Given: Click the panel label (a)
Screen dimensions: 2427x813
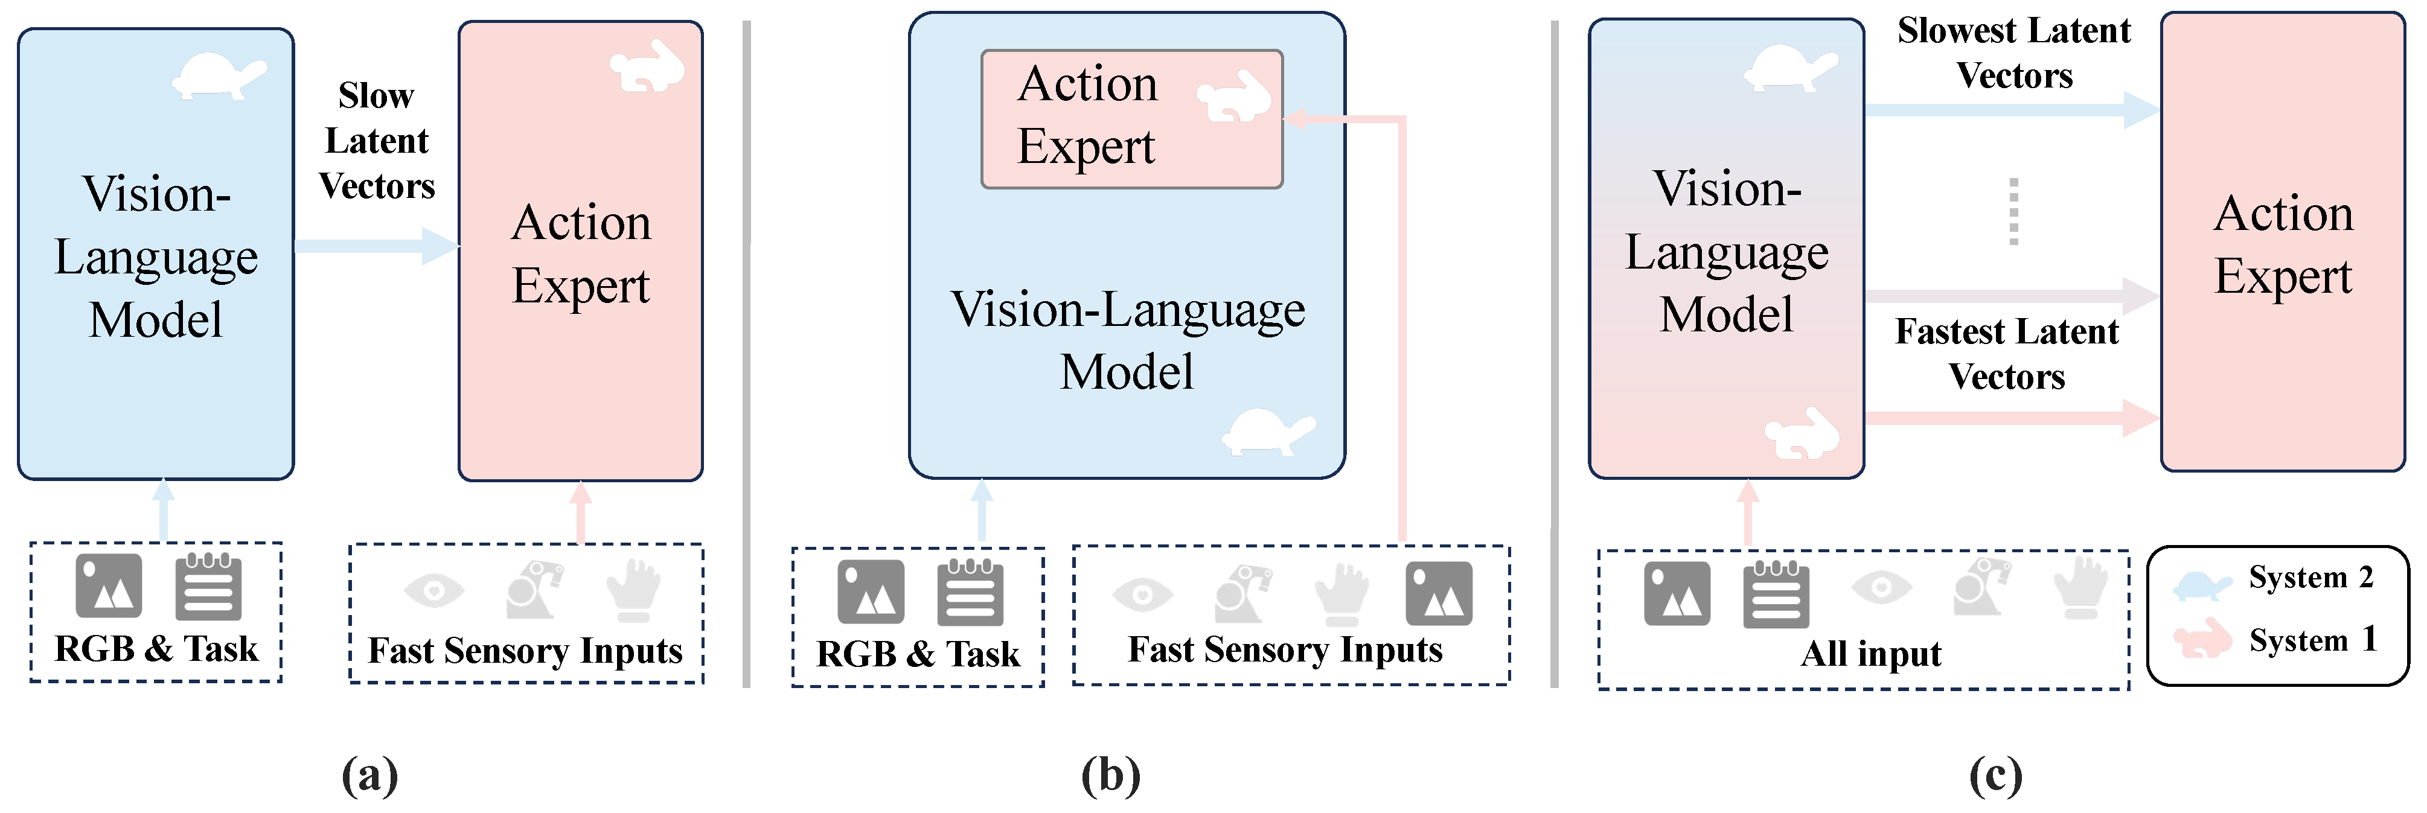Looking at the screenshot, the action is coord(369,776).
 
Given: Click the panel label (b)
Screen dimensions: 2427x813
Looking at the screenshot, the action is coord(1111,776).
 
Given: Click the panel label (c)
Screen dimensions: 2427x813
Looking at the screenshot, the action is coord(1995,776).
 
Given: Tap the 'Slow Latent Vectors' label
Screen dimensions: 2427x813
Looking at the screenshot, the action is coord(377,141).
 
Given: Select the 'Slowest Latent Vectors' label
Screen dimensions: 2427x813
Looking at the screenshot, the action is coord(2014,53).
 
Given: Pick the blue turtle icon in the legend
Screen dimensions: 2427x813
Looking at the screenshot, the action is coord(2202,585).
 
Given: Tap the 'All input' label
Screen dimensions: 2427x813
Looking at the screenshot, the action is coord(1871,653).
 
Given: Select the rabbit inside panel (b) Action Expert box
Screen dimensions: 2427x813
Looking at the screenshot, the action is coord(1234,96).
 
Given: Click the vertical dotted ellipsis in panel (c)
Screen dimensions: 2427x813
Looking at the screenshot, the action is coord(2013,211).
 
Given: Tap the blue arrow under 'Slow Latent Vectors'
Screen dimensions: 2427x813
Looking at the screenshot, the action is coord(377,246).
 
